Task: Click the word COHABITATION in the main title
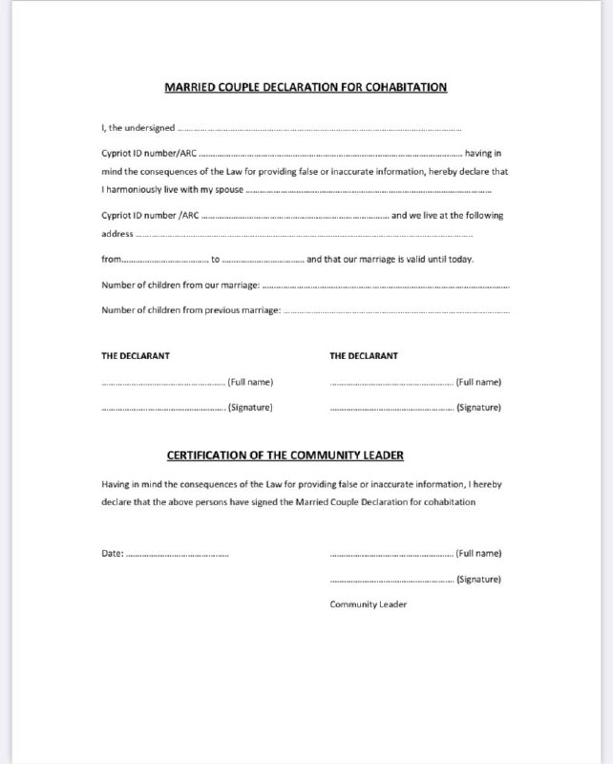pyautogui.click(x=402, y=88)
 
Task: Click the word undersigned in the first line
pyautogui.click(x=153, y=128)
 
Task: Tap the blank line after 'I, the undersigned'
pyautogui.click(x=320, y=129)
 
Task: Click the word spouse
pyautogui.click(x=225, y=190)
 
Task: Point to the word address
pyautogui.click(x=117, y=234)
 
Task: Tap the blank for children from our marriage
pyautogui.click(x=386, y=285)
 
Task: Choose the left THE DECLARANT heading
pyautogui.click(x=137, y=356)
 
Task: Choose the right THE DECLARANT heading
pyautogui.click(x=364, y=356)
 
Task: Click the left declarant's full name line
pyautogui.click(x=163, y=383)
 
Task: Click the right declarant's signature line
pyautogui.click(x=391, y=409)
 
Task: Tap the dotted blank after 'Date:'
pyautogui.click(x=178, y=554)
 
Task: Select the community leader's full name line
pyautogui.click(x=391, y=554)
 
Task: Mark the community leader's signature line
pyautogui.click(x=391, y=580)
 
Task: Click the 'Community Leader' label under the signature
pyautogui.click(x=369, y=605)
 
